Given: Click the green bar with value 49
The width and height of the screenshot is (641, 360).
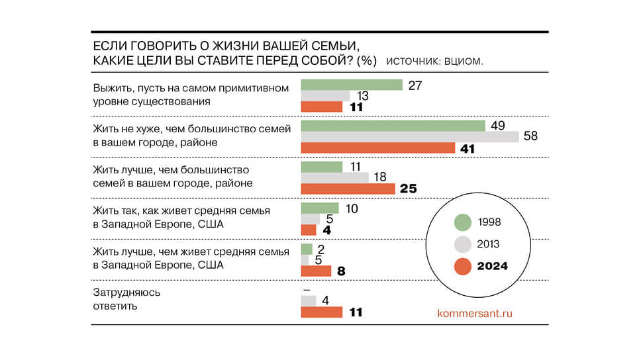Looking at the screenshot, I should click(x=393, y=126).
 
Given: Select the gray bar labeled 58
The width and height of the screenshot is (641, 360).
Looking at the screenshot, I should click(x=410, y=137).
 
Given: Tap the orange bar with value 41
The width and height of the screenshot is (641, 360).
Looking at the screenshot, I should click(x=377, y=148).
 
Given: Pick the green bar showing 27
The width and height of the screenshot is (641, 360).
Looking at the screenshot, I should click(x=352, y=85).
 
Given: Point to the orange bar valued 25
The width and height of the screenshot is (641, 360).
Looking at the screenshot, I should click(x=348, y=189).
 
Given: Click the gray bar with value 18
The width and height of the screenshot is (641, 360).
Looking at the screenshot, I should click(x=334, y=178).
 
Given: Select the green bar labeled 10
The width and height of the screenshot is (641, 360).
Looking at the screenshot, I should click(x=319, y=208).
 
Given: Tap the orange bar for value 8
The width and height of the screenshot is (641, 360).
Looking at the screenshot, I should click(x=315, y=271).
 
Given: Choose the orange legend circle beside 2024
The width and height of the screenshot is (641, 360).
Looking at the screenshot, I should click(x=463, y=266).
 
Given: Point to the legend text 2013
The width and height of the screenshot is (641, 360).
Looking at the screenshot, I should click(x=489, y=244).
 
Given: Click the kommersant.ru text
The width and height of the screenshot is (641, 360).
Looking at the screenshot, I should click(x=475, y=313).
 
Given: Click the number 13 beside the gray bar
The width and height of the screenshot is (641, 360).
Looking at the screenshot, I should click(x=364, y=96).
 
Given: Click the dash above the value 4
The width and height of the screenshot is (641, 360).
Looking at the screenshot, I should click(x=307, y=289).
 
